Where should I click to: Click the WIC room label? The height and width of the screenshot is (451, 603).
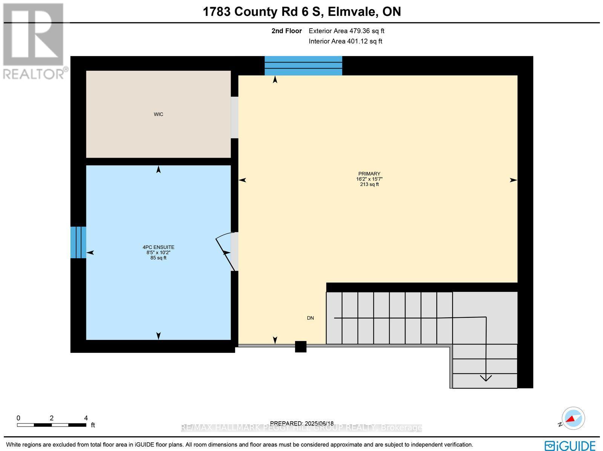point(158,114)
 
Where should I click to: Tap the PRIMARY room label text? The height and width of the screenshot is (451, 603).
point(369,174)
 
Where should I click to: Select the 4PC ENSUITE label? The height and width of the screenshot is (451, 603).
point(158,247)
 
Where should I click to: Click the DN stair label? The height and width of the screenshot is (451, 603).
point(310,318)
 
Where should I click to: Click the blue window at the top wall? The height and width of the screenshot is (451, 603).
point(303,65)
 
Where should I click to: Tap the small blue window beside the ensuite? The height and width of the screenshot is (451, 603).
point(78,242)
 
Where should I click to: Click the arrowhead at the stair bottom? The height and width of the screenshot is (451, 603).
point(486,378)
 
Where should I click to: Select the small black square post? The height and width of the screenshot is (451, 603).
point(300,346)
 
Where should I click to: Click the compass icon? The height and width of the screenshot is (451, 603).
point(573,419)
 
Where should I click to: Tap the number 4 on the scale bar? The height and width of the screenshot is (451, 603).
point(86,418)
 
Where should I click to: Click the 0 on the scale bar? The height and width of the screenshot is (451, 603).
point(18,418)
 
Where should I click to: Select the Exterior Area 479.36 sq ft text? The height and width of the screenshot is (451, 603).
point(346,31)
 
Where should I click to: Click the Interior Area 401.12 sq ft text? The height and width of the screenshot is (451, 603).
point(345,41)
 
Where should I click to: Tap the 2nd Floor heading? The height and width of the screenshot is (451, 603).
point(286,31)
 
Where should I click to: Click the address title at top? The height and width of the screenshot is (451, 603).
point(301,12)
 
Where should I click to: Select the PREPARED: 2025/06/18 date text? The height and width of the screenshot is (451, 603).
point(302,423)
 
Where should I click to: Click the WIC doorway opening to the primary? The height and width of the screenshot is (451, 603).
point(234,117)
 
